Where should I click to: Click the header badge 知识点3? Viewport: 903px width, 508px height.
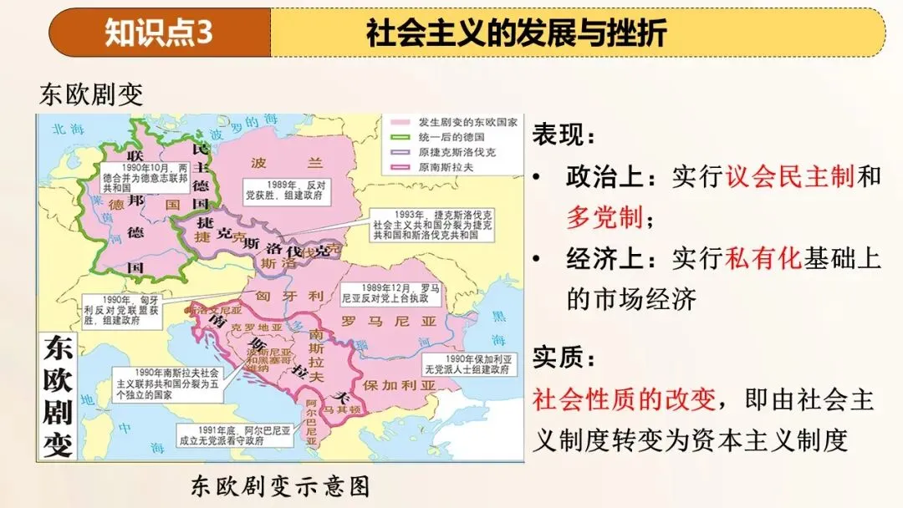(x=159, y=33)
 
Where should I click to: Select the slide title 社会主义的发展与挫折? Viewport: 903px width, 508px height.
(x=516, y=33)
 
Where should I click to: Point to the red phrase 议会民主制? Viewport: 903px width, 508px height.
(x=790, y=176)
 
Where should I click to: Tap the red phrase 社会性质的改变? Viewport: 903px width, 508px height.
(x=624, y=400)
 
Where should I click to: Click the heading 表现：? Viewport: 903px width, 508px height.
(x=565, y=135)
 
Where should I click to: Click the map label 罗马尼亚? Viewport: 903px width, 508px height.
(x=374, y=320)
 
